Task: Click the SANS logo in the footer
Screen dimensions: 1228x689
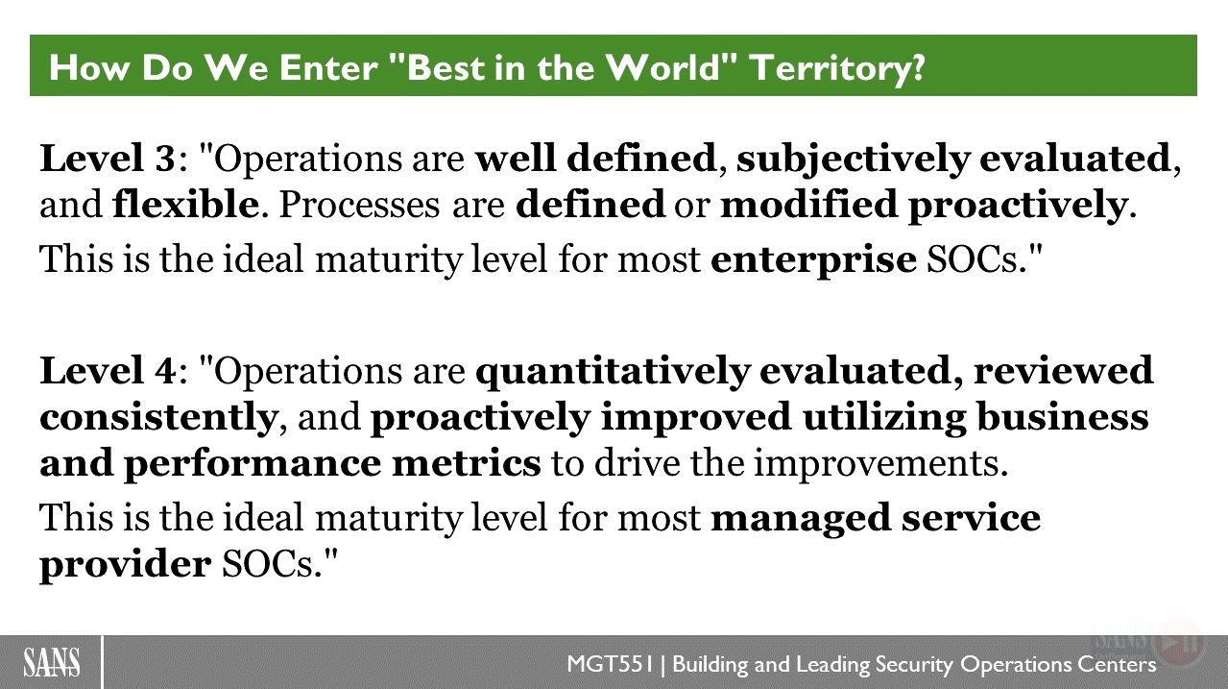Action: pyautogui.click(x=52, y=662)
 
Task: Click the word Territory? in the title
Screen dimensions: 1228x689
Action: pyautogui.click(x=837, y=67)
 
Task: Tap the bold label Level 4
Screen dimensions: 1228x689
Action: pyautogui.click(x=108, y=370)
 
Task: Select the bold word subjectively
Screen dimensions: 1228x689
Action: pyautogui.click(x=853, y=160)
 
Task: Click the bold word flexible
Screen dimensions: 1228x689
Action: pyautogui.click(x=185, y=204)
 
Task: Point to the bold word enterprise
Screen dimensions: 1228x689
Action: pyautogui.click(x=813, y=261)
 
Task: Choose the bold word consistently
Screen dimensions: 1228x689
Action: pyautogui.click(x=158, y=416)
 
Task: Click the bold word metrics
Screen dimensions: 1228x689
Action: pyautogui.click(x=467, y=462)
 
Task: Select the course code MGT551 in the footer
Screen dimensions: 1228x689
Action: pyautogui.click(x=611, y=664)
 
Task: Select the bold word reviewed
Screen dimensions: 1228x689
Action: pyautogui.click(x=1063, y=370)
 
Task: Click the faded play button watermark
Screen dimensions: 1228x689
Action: pyautogui.click(x=1180, y=642)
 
